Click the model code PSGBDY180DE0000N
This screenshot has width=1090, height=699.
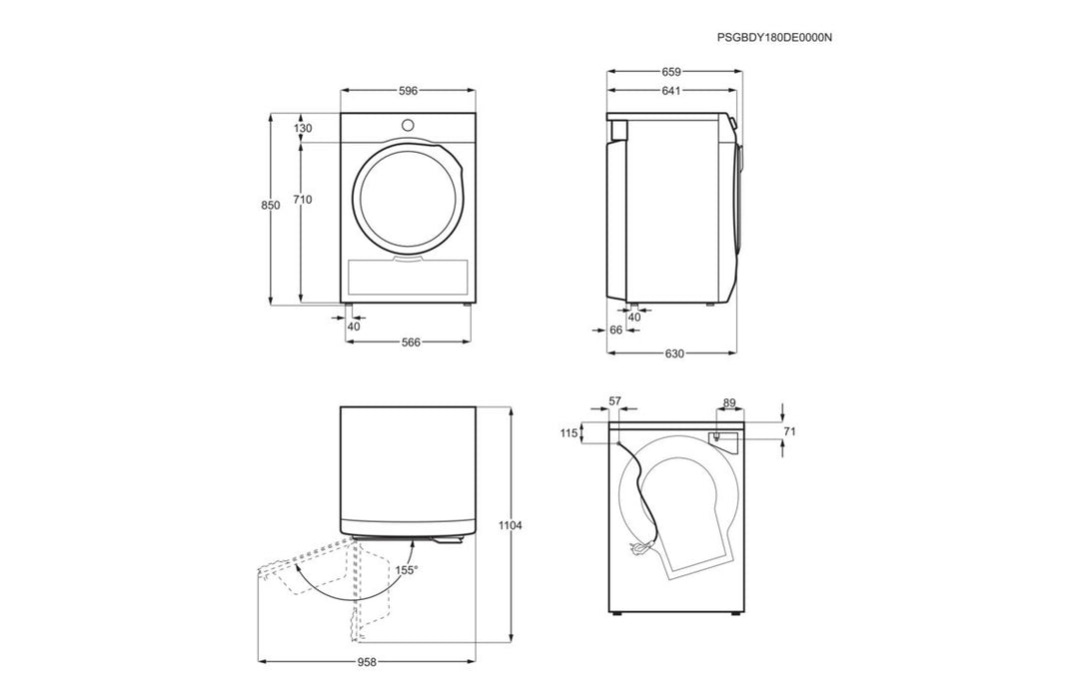click(774, 37)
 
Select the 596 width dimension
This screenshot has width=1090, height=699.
click(408, 91)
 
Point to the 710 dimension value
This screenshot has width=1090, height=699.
click(303, 200)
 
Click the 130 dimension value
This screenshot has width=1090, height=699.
click(303, 128)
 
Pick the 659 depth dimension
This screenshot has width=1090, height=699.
click(671, 72)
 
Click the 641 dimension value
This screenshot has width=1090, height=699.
click(671, 91)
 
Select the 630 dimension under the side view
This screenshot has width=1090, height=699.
click(673, 354)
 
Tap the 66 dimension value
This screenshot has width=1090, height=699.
click(615, 330)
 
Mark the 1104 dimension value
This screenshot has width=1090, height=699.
click(510, 524)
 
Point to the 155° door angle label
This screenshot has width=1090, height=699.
click(406, 570)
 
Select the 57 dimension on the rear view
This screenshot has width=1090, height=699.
click(614, 401)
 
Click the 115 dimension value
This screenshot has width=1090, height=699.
click(569, 433)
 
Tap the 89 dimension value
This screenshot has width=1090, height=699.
click(728, 403)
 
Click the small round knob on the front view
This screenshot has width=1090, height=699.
click(408, 125)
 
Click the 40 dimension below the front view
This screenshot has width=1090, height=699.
click(354, 327)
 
